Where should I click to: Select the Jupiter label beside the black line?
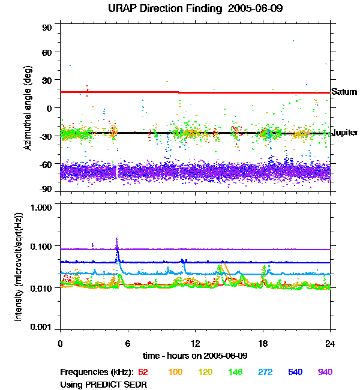click(345, 132)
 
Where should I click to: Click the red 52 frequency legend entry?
click(144, 372)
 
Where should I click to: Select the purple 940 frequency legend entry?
click(325, 372)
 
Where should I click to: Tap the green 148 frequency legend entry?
click(235, 372)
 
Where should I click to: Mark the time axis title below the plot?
click(195, 356)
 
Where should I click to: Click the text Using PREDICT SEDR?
click(103, 383)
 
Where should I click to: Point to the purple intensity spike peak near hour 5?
click(116, 238)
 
